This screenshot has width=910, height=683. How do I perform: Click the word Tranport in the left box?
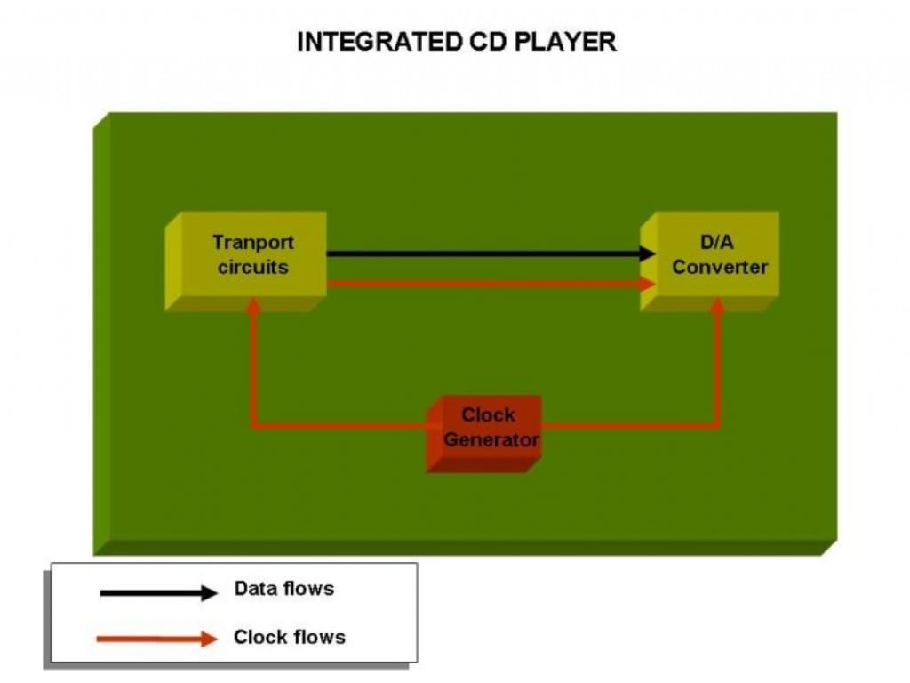pos(253,242)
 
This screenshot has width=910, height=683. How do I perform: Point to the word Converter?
pos(720,267)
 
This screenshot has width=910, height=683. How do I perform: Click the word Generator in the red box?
pos(491,439)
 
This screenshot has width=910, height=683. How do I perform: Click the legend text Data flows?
pos(284,589)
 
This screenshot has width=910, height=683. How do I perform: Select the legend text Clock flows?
pos(290,637)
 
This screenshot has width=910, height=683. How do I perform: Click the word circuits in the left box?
pos(253,267)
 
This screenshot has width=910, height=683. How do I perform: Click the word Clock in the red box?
pos(488,415)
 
